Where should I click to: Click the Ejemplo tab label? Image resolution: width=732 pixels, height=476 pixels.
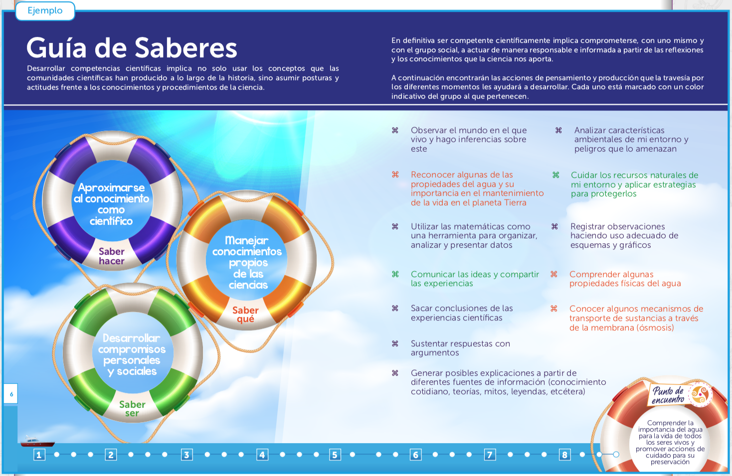pyautogui.click(x=45, y=10)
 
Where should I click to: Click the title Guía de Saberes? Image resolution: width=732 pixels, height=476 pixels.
pyautogui.click(x=132, y=48)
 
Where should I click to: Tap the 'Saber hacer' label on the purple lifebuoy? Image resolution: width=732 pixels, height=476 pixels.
pyautogui.click(x=111, y=256)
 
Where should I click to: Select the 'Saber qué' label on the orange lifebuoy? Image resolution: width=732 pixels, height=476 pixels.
pyautogui.click(x=245, y=315)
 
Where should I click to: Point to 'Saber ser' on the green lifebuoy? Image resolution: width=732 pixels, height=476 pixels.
pyautogui.click(x=132, y=409)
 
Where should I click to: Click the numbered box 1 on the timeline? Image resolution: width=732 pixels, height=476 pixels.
pyautogui.click(x=39, y=455)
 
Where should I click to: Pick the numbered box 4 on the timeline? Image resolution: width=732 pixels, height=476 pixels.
pyautogui.click(x=262, y=455)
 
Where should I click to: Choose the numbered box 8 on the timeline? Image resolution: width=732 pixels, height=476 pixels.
pyautogui.click(x=564, y=455)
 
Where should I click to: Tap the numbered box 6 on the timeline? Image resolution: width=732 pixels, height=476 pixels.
pyautogui.click(x=415, y=455)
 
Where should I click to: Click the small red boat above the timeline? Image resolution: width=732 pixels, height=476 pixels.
pyautogui.click(x=37, y=442)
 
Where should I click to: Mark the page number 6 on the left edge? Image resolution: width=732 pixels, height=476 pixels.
pyautogui.click(x=11, y=394)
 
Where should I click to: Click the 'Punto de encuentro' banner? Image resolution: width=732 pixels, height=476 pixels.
pyautogui.click(x=668, y=395)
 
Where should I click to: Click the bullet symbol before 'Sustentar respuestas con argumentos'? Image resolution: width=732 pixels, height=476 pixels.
pyautogui.click(x=395, y=343)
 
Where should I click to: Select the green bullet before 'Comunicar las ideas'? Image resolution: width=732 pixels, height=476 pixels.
pyautogui.click(x=395, y=274)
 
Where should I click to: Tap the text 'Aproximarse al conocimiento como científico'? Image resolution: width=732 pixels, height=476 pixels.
pyautogui.click(x=111, y=204)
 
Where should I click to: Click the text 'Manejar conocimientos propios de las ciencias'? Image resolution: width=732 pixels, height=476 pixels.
pyautogui.click(x=247, y=262)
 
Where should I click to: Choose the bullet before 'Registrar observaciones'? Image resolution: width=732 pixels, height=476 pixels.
pyautogui.click(x=554, y=226)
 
